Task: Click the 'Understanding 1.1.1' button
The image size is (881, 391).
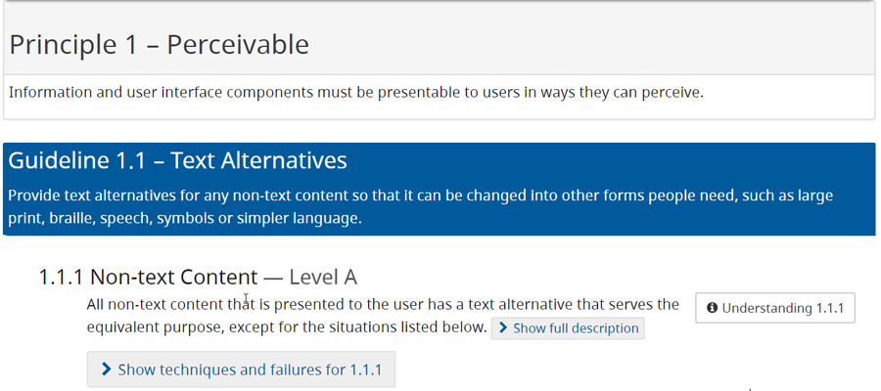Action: point(775,308)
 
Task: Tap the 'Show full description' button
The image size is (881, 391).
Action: point(568,328)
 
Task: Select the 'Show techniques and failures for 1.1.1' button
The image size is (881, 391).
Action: point(241,369)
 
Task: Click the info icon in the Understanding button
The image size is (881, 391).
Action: point(712,308)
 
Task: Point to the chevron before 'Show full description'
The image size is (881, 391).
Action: point(502,328)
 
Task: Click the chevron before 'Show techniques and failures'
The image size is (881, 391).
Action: point(106,369)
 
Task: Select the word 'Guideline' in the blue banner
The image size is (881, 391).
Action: point(58,159)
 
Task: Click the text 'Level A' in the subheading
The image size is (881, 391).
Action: point(323,277)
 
